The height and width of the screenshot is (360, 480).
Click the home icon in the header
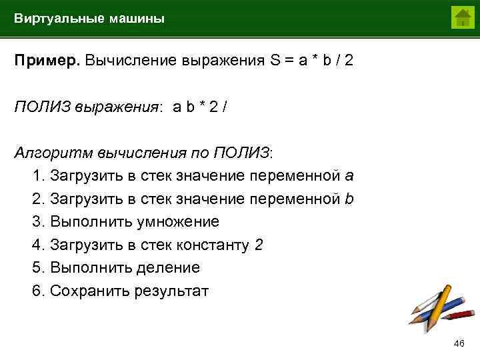click(461, 17)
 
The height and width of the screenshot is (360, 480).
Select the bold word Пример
click(47, 61)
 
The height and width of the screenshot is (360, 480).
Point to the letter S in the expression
click(275, 61)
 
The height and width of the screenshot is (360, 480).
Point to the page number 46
click(459, 343)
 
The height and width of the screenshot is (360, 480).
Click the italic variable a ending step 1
click(349, 176)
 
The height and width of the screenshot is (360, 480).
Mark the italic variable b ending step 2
click(349, 199)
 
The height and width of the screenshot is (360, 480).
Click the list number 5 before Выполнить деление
click(37, 268)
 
